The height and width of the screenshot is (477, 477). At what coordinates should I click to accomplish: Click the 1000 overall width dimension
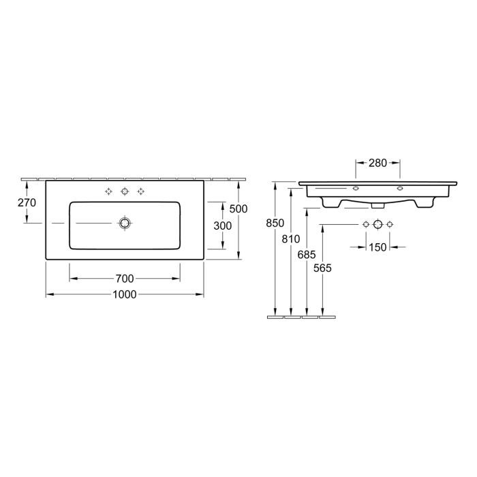click(125, 294)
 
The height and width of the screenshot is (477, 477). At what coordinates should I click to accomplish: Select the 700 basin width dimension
click(125, 278)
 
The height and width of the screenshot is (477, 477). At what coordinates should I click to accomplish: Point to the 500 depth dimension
click(238, 209)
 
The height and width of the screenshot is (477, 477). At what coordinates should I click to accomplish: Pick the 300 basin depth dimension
click(213, 226)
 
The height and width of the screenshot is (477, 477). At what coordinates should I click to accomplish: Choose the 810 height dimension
click(291, 239)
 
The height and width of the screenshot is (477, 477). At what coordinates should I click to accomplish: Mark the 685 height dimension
click(307, 253)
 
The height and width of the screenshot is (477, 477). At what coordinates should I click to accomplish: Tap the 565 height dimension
click(323, 268)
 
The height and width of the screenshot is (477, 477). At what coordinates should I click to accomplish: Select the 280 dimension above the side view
click(378, 163)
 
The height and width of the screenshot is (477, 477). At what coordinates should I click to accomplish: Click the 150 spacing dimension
click(378, 247)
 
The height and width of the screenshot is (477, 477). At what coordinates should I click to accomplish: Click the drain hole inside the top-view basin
click(124, 223)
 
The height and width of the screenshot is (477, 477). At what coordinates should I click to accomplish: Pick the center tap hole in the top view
click(124, 191)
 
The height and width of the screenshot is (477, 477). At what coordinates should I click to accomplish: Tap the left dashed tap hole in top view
click(108, 191)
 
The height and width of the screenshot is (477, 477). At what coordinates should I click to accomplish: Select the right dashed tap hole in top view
click(141, 191)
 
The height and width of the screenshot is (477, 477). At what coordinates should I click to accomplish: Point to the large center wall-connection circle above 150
click(378, 224)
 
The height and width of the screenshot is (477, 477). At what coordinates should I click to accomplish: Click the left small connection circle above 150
click(366, 224)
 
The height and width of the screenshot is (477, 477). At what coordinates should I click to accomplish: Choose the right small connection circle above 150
click(390, 224)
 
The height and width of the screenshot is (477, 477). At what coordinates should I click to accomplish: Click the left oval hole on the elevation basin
click(356, 188)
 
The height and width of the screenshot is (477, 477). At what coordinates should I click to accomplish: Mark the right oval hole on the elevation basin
click(400, 188)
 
